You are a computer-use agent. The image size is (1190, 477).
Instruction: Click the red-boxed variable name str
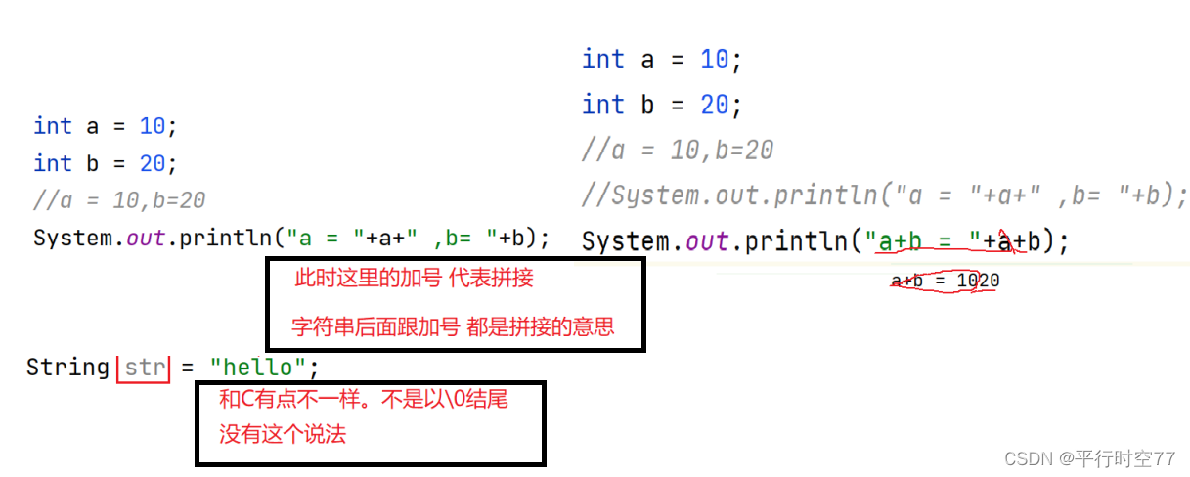[x=144, y=369]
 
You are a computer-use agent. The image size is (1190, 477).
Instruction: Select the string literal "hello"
[x=258, y=368]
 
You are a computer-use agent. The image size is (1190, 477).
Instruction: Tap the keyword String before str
[x=67, y=368]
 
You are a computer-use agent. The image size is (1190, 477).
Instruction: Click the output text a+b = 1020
[x=945, y=282]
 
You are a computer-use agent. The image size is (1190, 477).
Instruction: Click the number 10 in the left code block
[x=152, y=126]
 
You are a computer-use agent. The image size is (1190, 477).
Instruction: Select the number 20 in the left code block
[x=152, y=163]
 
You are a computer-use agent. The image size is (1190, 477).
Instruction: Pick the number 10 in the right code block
[x=714, y=61]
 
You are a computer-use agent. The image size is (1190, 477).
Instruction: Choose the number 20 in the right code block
[x=714, y=105]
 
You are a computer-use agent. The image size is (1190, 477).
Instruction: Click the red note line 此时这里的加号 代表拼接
[x=415, y=279]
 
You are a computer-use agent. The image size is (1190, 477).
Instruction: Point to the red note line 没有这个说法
[x=283, y=435]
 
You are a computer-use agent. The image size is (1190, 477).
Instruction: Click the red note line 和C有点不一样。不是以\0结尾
[x=364, y=399]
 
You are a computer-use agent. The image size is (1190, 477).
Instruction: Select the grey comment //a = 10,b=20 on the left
[x=119, y=200]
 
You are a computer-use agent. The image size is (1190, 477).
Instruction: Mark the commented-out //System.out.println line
[x=884, y=195]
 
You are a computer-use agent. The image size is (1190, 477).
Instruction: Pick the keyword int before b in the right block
[x=602, y=105]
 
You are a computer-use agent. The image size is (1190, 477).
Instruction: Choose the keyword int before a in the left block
[x=52, y=126]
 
